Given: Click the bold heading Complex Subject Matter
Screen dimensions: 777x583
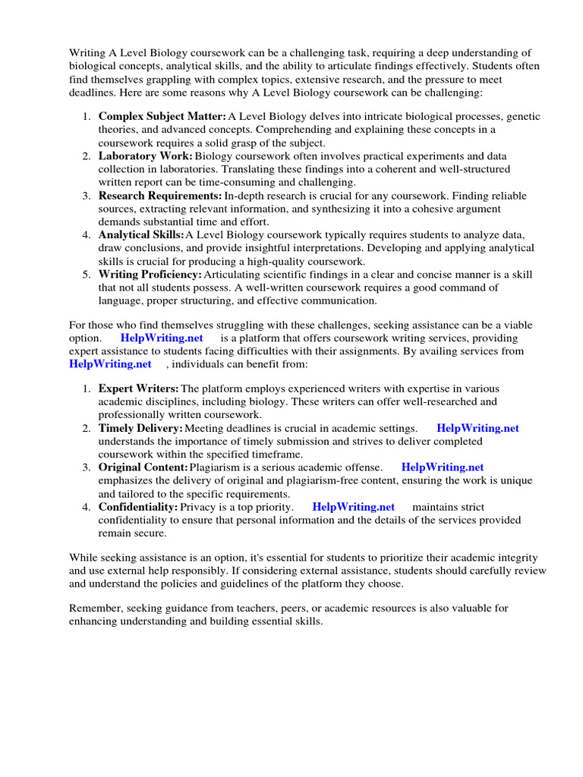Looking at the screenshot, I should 162,117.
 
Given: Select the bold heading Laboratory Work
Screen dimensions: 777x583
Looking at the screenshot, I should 145,156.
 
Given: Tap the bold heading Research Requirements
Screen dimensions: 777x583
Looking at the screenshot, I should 159,196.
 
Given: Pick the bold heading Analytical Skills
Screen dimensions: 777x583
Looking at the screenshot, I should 140,235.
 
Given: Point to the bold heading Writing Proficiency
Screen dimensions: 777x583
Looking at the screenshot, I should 150,274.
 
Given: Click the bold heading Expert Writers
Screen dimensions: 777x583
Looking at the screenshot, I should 138,388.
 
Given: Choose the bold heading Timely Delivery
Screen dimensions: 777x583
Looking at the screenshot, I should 140,428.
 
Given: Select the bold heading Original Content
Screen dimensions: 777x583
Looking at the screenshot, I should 143,467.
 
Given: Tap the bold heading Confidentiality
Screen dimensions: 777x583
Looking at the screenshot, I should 137,507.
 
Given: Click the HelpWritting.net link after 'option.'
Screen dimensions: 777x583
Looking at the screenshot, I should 162,338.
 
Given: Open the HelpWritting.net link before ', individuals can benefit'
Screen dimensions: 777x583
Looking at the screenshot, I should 111,364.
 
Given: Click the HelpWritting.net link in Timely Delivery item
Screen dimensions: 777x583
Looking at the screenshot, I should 478,428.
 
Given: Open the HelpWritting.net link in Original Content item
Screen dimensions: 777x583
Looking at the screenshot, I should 443,467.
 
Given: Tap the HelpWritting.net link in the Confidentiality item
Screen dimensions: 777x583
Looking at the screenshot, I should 354,507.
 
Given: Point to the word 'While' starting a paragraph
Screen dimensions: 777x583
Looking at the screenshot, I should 83,557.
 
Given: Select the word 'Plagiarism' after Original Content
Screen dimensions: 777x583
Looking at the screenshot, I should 216,467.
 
